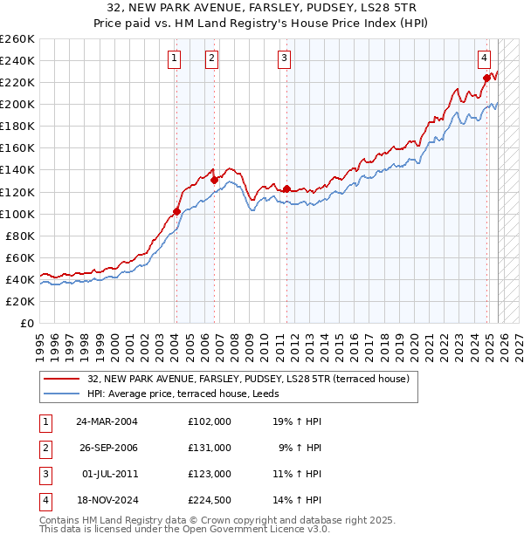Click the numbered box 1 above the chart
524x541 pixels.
point(175,58)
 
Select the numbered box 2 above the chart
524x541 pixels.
point(211,58)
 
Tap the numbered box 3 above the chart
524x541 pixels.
point(285,58)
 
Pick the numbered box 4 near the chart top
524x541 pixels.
point(483,58)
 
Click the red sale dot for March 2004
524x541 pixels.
point(176,211)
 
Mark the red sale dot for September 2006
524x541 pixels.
point(214,180)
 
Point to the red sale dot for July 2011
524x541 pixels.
point(286,188)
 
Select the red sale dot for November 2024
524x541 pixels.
point(486,78)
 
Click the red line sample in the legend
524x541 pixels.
point(61,379)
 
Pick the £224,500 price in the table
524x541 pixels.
point(210,500)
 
